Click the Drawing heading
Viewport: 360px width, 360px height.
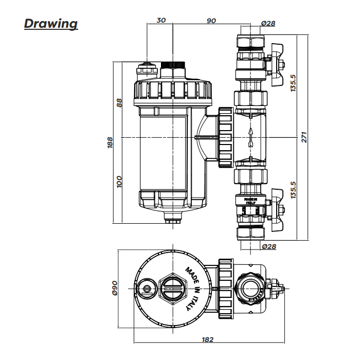pyautogui.click(x=51, y=24)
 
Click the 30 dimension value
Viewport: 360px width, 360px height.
pyautogui.click(x=161, y=21)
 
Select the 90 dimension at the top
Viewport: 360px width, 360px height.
pyautogui.click(x=211, y=21)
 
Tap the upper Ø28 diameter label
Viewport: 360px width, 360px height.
pyautogui.click(x=268, y=24)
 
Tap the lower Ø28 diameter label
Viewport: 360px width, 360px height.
pyautogui.click(x=268, y=246)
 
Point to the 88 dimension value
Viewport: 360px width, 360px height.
pyautogui.click(x=119, y=102)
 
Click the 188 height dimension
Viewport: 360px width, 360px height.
pyautogui.click(x=110, y=142)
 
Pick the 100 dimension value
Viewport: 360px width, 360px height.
pyautogui.click(x=119, y=181)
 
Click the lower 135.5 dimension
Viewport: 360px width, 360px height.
pyautogui.click(x=293, y=189)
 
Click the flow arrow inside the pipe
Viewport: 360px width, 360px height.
pyautogui.click(x=250, y=137)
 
